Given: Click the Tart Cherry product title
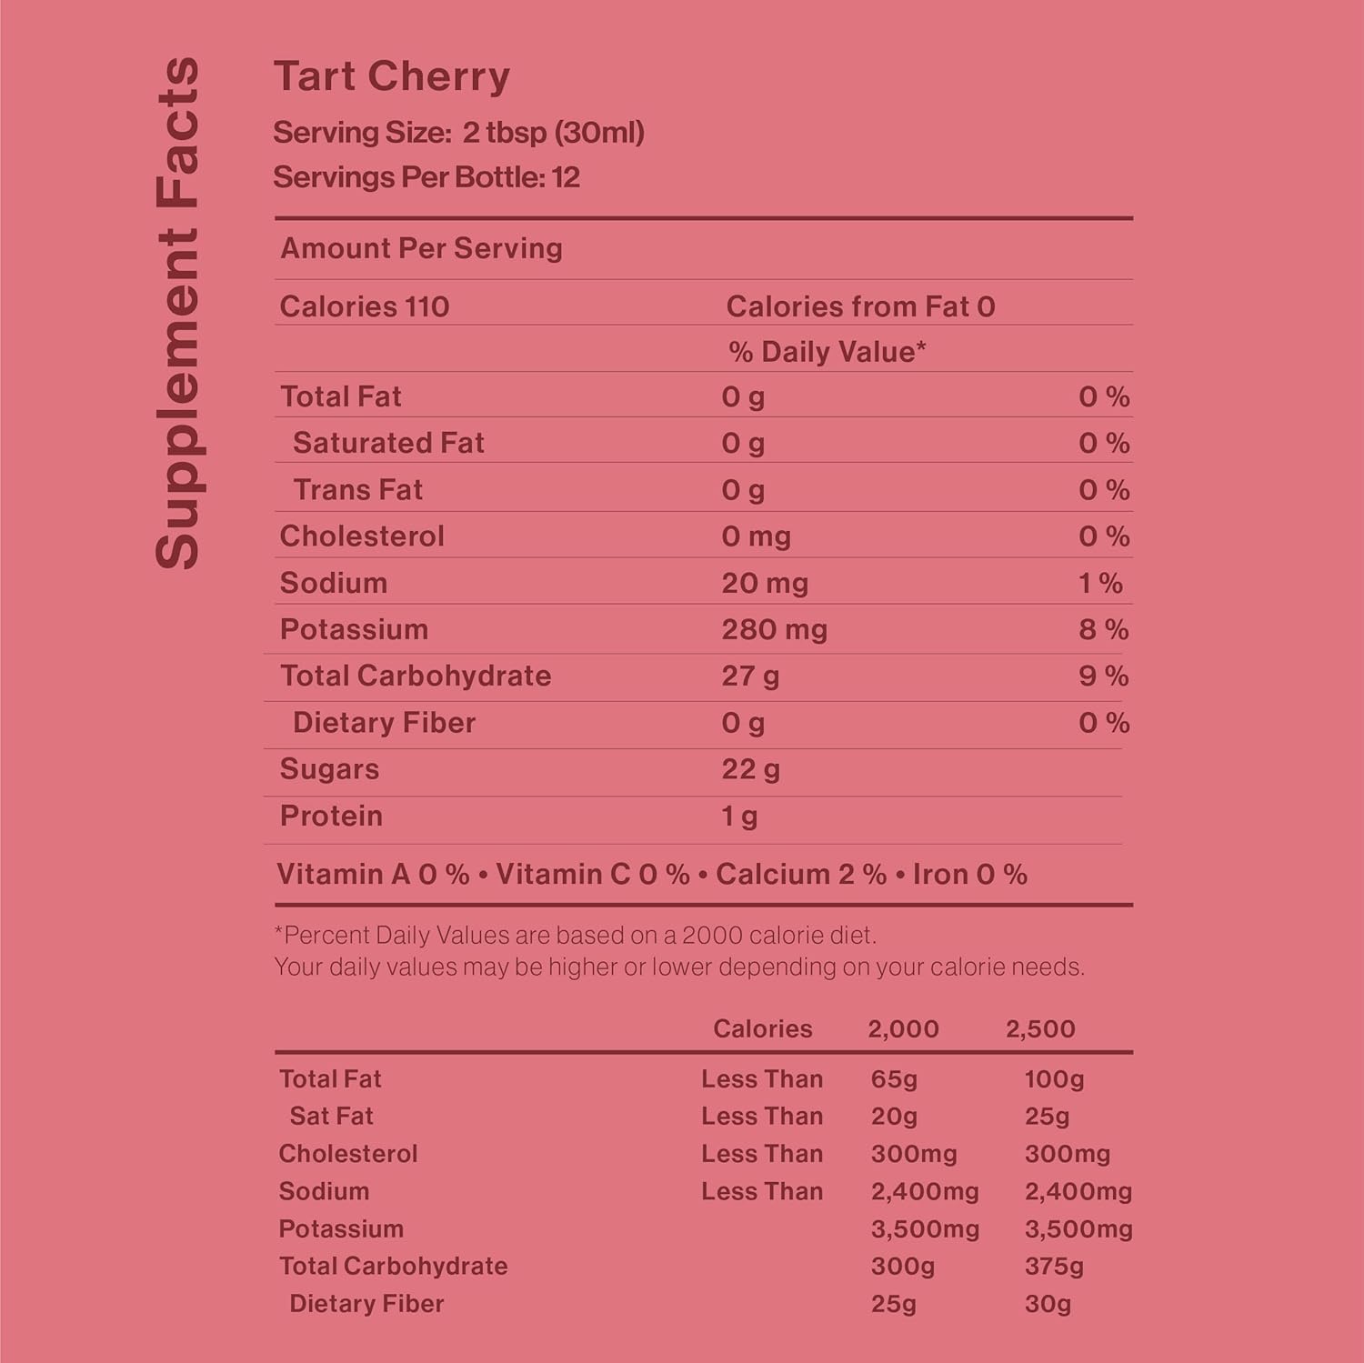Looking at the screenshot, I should click(x=392, y=76).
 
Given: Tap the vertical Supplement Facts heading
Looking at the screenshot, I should click(x=177, y=314).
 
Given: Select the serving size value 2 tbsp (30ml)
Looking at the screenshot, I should click(x=553, y=133).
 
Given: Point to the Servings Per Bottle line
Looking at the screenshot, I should click(x=426, y=177).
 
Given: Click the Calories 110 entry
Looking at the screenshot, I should click(x=365, y=306).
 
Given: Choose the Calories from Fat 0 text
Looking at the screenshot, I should click(x=860, y=306).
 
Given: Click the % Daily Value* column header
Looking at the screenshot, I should click(x=827, y=352).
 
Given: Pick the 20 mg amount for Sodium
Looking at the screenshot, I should click(x=765, y=583).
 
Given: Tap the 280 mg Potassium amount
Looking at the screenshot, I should click(x=774, y=629).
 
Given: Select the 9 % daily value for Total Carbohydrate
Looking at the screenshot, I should click(x=1104, y=676).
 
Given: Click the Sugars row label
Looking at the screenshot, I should click(x=329, y=769).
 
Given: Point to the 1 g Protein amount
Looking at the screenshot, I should click(x=739, y=816).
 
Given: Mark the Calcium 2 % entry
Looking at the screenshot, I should click(x=800, y=874).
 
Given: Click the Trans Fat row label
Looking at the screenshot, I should click(x=357, y=490).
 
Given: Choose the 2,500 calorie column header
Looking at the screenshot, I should click(x=1040, y=1028).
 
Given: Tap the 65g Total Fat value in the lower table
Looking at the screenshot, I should click(x=894, y=1079).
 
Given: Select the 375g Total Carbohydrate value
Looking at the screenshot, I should click(x=1054, y=1266).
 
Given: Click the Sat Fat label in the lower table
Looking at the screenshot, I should click(x=331, y=1116).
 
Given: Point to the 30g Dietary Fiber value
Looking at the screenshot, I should click(x=1048, y=1304).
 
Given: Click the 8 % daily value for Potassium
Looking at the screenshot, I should click(x=1104, y=629).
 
